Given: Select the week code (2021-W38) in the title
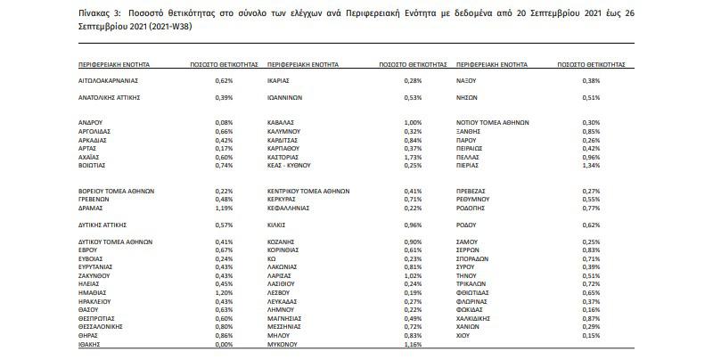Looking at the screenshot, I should click(168, 28).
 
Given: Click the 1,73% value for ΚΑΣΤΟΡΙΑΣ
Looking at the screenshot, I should click(412, 156).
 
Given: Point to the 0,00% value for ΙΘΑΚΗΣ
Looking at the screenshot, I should click(223, 343).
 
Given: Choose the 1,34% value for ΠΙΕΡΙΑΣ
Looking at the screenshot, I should click(590, 165).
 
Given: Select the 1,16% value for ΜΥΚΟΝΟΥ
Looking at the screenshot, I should click(412, 343).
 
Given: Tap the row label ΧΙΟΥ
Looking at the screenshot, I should click(463, 335).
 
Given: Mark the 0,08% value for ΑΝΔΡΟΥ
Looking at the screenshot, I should click(223, 121).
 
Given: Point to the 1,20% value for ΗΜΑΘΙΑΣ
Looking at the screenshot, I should click(223, 292).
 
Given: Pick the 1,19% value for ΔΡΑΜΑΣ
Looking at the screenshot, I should click(223, 207).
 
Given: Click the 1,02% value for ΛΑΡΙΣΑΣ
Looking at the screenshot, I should click(412, 275).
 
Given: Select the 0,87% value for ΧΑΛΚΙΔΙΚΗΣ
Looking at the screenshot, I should click(590, 318).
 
